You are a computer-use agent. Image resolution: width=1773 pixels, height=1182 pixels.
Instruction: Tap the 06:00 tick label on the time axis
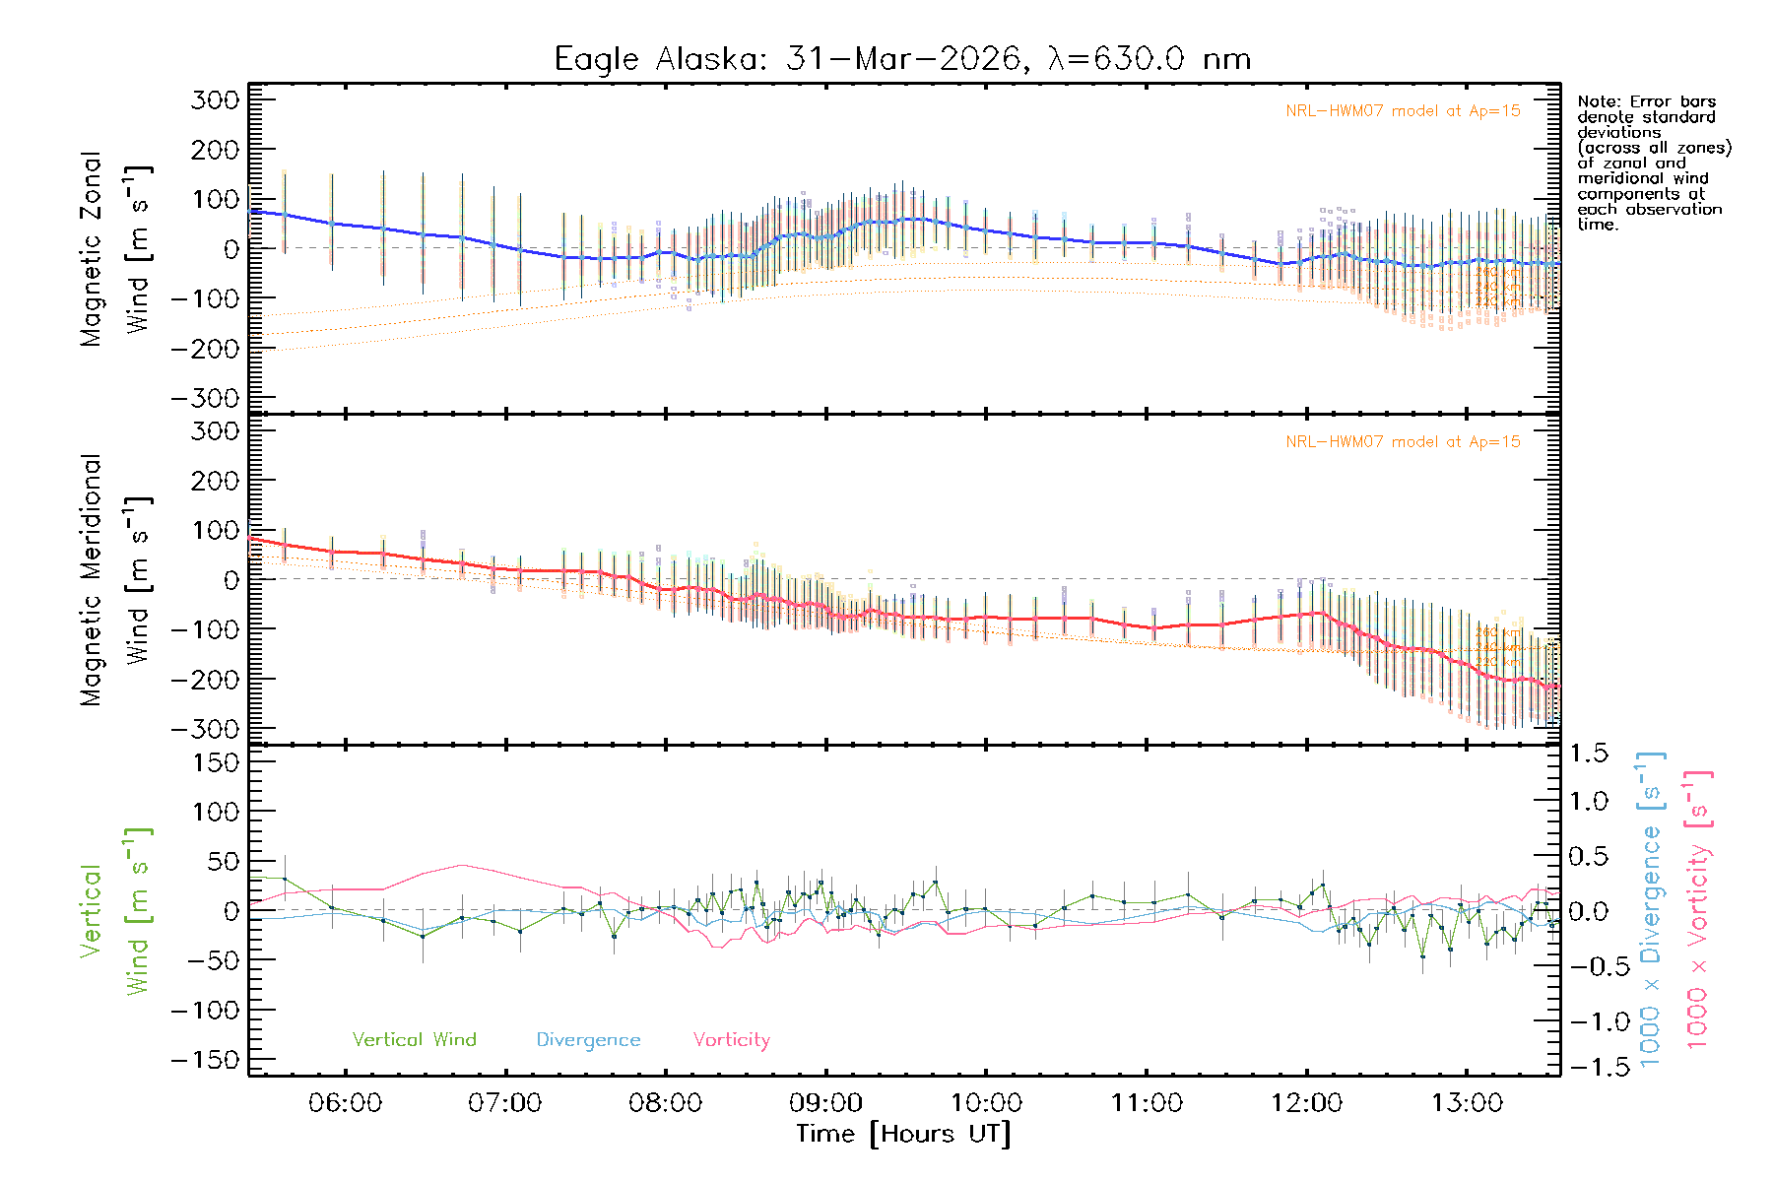[345, 1103]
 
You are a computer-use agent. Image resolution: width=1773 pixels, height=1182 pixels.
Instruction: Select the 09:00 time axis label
[825, 1103]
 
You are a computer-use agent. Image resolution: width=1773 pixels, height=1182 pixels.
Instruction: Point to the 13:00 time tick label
[1467, 1103]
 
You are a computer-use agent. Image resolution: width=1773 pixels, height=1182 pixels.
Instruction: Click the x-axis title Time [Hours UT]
[903, 1135]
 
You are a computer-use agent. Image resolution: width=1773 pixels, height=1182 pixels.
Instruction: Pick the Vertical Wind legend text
[414, 1040]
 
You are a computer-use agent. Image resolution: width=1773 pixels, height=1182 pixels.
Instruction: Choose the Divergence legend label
[588, 1040]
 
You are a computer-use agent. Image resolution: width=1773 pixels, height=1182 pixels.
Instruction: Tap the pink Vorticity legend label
[731, 1040]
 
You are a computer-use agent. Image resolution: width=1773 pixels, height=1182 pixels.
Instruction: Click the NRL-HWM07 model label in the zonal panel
[1403, 111]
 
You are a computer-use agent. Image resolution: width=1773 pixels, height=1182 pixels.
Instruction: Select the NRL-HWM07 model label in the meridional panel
[1403, 442]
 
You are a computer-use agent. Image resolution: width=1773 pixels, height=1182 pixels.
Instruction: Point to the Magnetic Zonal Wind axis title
[116, 249]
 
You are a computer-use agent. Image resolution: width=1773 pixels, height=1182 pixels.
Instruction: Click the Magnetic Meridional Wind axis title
[116, 580]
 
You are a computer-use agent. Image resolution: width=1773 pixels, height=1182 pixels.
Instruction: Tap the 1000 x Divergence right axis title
[1651, 911]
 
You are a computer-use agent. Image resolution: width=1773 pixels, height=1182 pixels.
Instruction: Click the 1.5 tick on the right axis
[1589, 754]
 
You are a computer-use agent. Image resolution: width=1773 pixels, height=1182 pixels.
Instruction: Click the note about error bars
[1653, 163]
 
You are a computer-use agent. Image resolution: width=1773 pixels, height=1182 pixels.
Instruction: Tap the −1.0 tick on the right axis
[1587, 1021]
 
